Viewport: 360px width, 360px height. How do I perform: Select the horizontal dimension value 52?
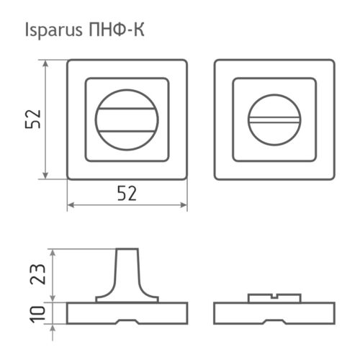pyautogui.click(x=127, y=193)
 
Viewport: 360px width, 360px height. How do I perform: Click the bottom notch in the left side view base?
pyautogui.click(x=127, y=319)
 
